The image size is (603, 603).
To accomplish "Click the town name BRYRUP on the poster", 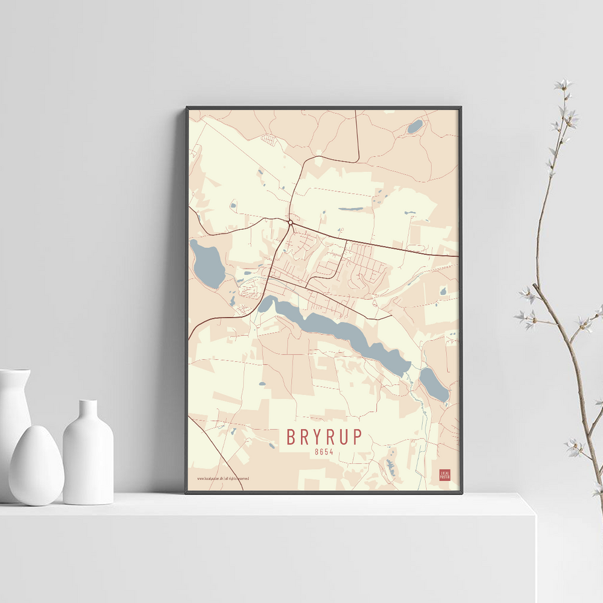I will [324, 436].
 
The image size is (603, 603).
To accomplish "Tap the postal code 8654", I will [324, 451].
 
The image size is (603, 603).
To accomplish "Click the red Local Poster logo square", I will [444, 475].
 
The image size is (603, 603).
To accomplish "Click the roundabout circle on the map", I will [291, 223].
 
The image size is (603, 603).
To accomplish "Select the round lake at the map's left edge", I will [207, 264].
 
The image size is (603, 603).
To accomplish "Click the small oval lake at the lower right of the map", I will [434, 385].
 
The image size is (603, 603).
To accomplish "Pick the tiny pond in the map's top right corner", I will [415, 127].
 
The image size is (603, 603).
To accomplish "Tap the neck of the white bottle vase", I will [88, 411].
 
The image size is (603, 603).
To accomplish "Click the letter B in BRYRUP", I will [292, 436].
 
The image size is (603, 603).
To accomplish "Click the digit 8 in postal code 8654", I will [317, 451].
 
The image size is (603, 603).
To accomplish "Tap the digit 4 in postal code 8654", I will [331, 451].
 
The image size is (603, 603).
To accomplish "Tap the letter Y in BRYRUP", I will [317, 436].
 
